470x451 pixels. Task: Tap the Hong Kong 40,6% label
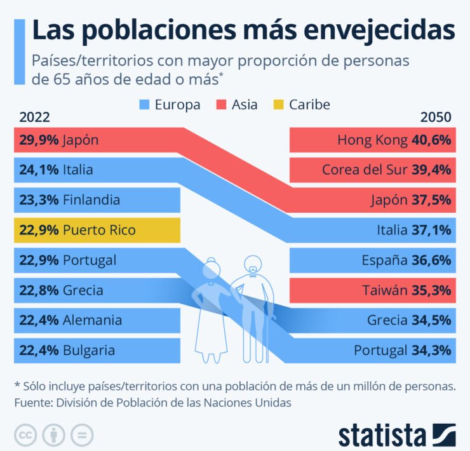(394, 140)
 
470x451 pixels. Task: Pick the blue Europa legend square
(145, 104)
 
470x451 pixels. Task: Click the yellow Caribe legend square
(279, 104)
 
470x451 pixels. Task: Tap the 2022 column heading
(35, 118)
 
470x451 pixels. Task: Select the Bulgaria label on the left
(89, 350)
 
